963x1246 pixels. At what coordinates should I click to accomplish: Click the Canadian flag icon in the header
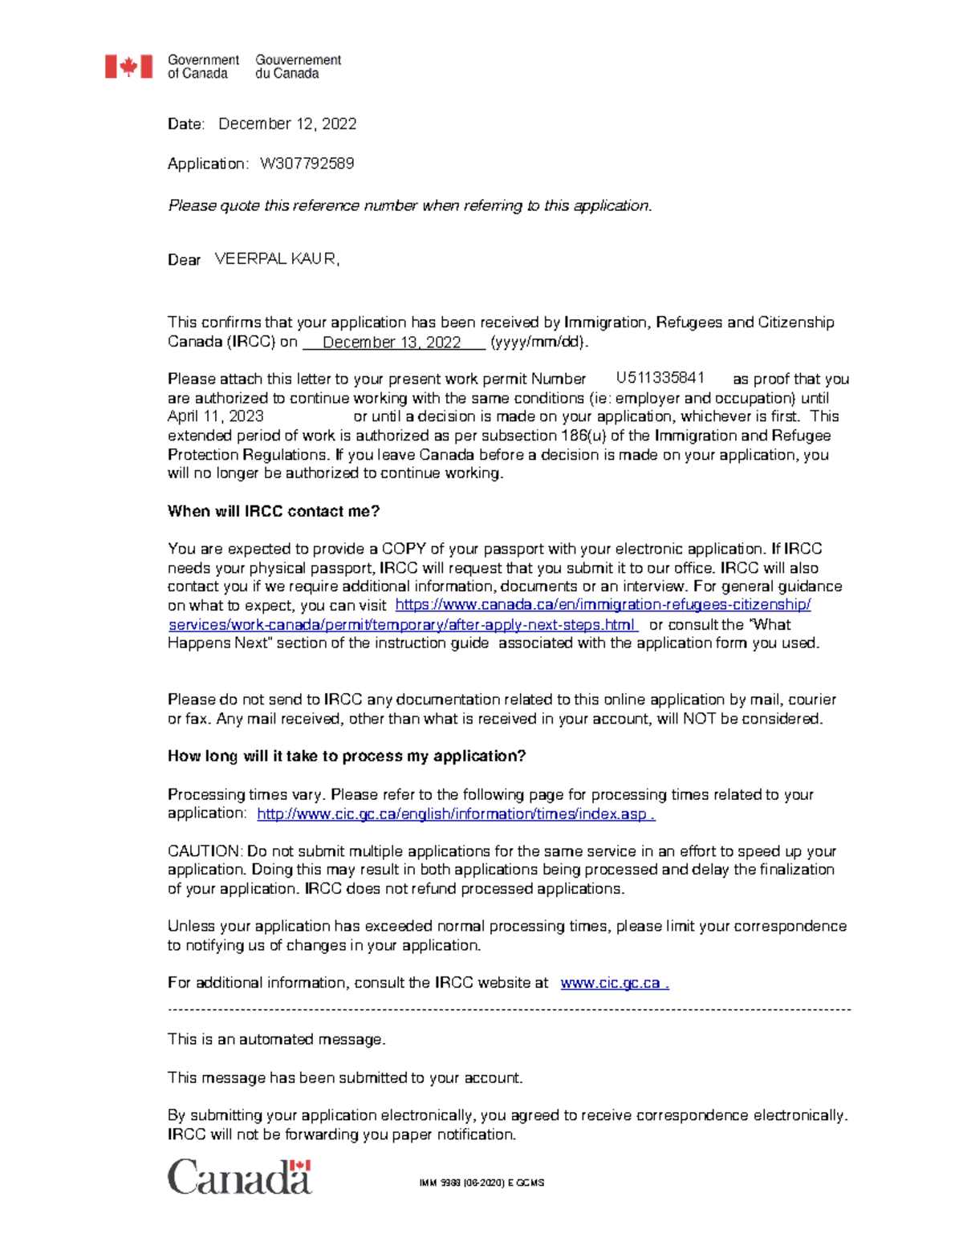pyautogui.click(x=128, y=67)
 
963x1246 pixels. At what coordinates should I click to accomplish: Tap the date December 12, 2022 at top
pyautogui.click(x=287, y=124)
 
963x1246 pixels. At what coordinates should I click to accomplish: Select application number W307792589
pyautogui.click(x=307, y=164)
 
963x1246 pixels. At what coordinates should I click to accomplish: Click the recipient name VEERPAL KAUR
pyautogui.click(x=277, y=259)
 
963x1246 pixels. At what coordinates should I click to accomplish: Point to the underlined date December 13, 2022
pyautogui.click(x=392, y=343)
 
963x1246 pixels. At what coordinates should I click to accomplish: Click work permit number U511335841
pyautogui.click(x=660, y=378)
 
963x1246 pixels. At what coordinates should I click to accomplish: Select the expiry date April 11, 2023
pyautogui.click(x=215, y=416)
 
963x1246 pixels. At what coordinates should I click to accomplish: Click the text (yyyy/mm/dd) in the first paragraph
pyautogui.click(x=539, y=343)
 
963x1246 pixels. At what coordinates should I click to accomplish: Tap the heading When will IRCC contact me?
pyautogui.click(x=274, y=512)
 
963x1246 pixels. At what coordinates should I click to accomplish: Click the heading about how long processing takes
pyautogui.click(x=346, y=756)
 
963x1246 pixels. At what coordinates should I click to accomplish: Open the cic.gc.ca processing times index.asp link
pyautogui.click(x=455, y=814)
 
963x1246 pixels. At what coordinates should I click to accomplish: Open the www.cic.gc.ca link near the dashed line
pyautogui.click(x=614, y=983)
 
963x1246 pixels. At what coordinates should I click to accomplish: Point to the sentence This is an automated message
pyautogui.click(x=276, y=1040)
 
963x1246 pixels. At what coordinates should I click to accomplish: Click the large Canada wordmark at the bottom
pyautogui.click(x=239, y=1177)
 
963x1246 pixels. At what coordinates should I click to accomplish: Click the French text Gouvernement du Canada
pyautogui.click(x=298, y=67)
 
